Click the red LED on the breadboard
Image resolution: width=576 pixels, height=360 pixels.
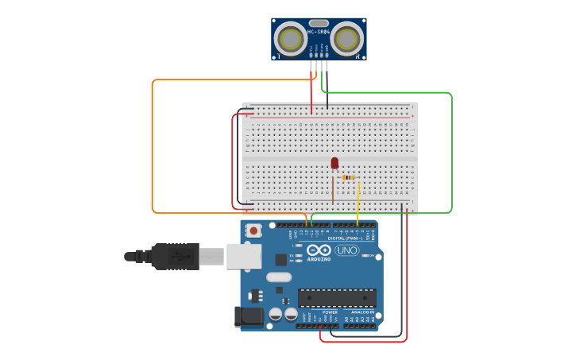point(334,163)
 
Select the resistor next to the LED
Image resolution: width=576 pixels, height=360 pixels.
point(349,178)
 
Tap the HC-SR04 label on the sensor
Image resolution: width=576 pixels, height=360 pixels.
point(319,32)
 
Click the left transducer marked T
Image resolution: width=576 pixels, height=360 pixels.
point(291,39)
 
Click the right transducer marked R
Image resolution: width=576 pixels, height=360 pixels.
point(346,38)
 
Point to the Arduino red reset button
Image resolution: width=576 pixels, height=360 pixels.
point(253,231)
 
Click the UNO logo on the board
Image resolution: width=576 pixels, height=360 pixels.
point(346,250)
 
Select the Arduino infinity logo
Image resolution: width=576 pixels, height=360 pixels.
point(319,250)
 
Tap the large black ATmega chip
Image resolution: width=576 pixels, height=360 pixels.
point(337,298)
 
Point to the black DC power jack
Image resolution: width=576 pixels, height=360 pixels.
point(249,317)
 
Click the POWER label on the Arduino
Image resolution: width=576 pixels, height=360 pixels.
point(330,312)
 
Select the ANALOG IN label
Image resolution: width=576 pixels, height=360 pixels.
point(362,312)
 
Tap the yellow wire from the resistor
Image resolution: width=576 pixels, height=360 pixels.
point(358,203)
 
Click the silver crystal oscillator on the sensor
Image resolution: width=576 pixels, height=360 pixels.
point(319,23)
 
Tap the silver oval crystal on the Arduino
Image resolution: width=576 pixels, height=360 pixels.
point(279,277)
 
